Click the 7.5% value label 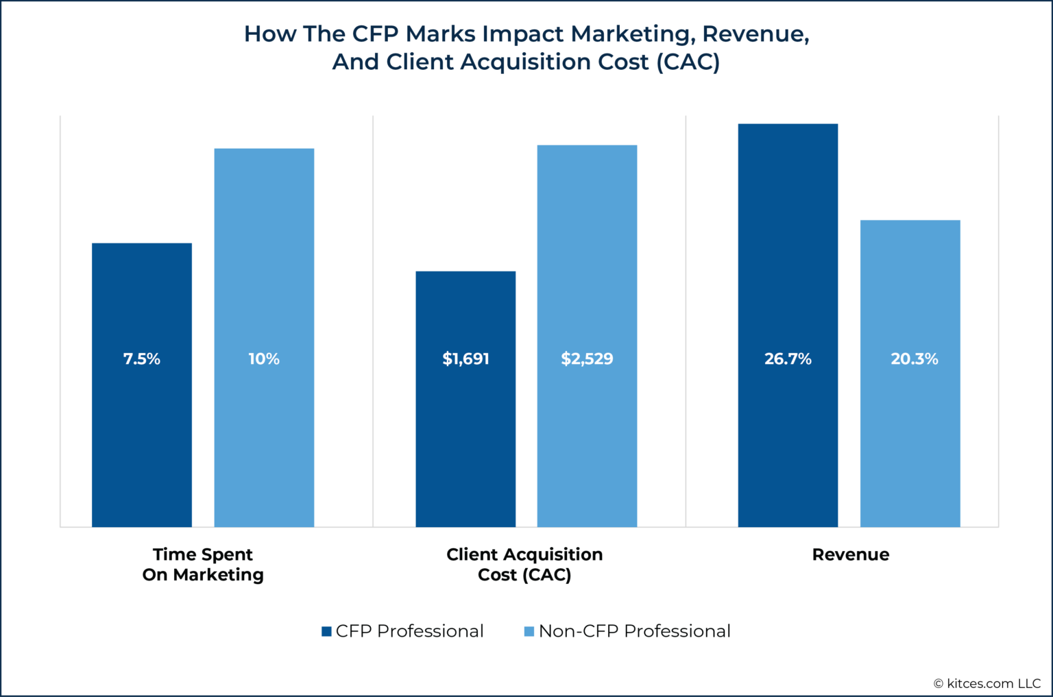coord(142,359)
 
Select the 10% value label coord(264,359)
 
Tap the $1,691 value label coord(465,359)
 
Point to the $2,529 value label coord(587,359)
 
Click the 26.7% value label coord(788,359)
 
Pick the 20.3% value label coord(914,359)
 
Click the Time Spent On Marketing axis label coord(203,564)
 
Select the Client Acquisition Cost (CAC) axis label coord(524,564)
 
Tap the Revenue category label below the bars coord(850,554)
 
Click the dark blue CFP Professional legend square coord(327,631)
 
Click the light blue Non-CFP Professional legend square coord(529,631)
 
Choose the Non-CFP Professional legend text coord(634,631)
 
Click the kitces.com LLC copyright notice coord(987,683)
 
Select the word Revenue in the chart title coord(753,34)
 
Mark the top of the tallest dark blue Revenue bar coord(788,125)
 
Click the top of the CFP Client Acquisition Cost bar coord(465,272)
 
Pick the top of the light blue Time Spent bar coord(264,149)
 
